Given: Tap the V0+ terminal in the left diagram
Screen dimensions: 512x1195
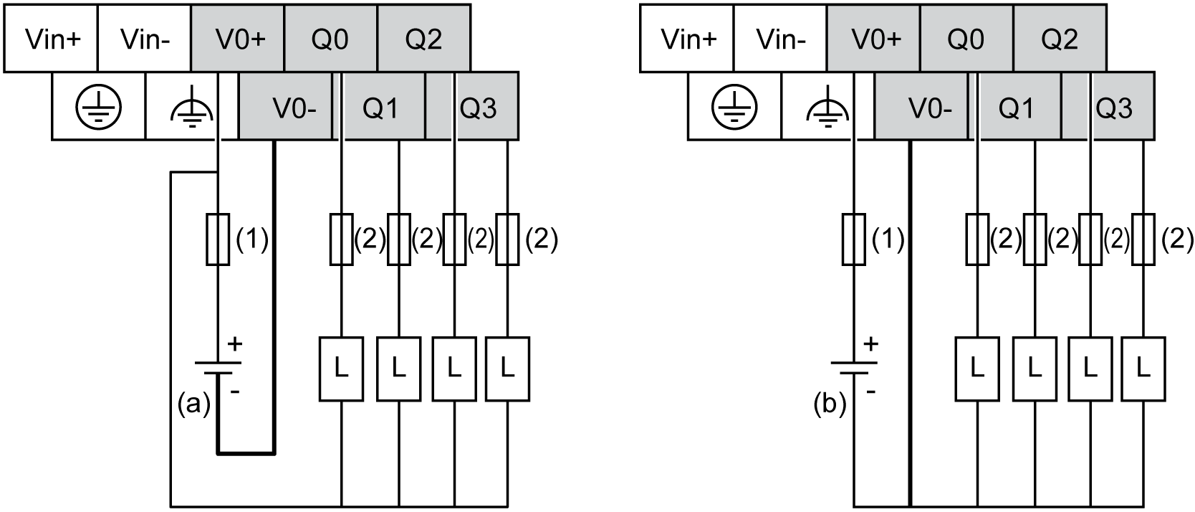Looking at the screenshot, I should (x=239, y=39).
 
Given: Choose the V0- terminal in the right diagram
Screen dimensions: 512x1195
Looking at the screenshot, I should (x=929, y=108).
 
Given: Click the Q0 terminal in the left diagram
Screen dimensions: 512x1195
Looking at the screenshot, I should (x=330, y=39).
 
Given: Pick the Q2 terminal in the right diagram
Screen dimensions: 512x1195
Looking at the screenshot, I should (x=1060, y=39).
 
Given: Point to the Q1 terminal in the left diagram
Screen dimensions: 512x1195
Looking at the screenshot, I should (x=380, y=108).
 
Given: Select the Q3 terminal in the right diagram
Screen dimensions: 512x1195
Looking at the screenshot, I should (x=1114, y=108).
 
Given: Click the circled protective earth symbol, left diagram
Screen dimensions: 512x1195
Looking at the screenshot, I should (x=99, y=108).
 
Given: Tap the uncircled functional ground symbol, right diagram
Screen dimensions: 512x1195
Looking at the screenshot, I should (x=828, y=108).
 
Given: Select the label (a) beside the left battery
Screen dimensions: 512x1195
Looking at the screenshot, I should (x=193, y=404).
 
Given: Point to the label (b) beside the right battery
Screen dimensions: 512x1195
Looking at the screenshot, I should (x=830, y=404).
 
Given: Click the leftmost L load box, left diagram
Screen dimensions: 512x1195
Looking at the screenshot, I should (x=341, y=369).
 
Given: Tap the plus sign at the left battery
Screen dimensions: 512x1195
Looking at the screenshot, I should (x=234, y=345).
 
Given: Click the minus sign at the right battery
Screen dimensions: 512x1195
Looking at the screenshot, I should (x=870, y=392).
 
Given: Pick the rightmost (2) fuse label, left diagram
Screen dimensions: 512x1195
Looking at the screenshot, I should (x=541, y=240).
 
